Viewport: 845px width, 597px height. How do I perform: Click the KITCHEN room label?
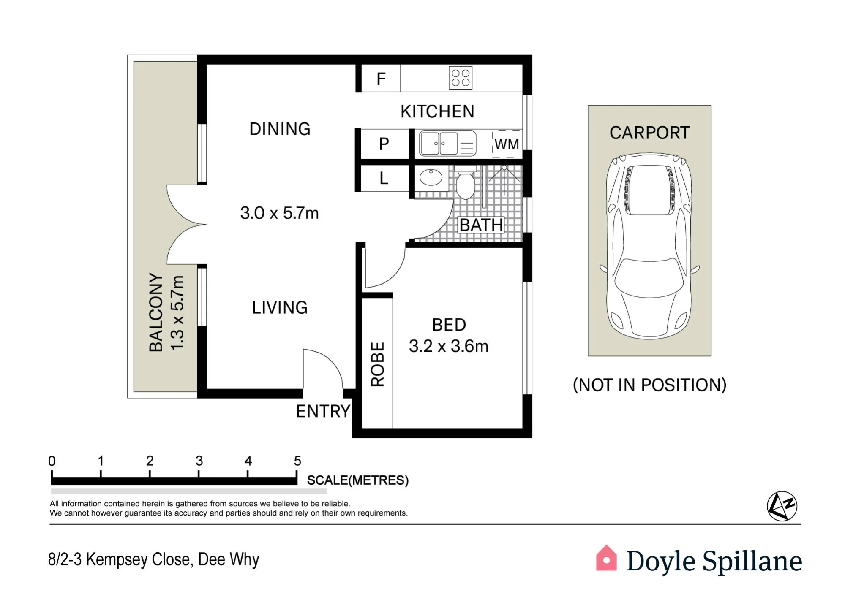[437, 111]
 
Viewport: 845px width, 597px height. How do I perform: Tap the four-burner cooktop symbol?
[461, 78]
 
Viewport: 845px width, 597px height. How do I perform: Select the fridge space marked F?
[381, 79]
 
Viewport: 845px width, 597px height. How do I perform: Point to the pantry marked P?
[384, 144]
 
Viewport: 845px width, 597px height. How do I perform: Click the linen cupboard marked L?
[384, 178]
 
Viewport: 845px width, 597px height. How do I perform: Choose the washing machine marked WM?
[507, 144]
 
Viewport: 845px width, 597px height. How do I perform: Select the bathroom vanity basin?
[431, 177]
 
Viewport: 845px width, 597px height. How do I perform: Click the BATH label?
[481, 225]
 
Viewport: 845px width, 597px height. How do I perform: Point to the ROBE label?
[377, 364]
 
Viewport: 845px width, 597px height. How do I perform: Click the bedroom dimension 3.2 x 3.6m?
[449, 346]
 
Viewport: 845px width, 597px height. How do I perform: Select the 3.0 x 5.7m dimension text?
[279, 213]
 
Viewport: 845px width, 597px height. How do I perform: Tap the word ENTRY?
[323, 411]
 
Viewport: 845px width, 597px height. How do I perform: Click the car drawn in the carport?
[650, 246]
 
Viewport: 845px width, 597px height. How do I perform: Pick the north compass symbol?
[782, 506]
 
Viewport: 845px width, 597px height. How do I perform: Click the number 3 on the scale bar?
[199, 461]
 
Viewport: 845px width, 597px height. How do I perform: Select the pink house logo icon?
[606, 558]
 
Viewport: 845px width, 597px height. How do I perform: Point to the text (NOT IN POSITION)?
[649, 385]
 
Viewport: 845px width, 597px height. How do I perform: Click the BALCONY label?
[156, 312]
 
